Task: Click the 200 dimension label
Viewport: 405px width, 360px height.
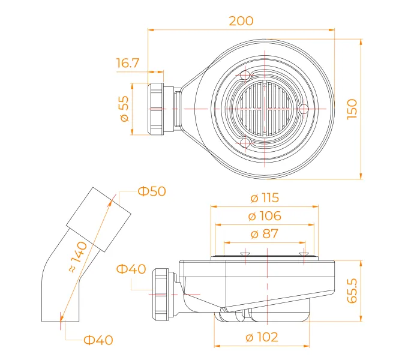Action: (241, 21)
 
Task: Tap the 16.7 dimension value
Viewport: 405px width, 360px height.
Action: (128, 63)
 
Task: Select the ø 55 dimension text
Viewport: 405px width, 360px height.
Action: (124, 109)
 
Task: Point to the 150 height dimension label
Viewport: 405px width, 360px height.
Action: (352, 109)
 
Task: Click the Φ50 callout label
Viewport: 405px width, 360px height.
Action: (152, 191)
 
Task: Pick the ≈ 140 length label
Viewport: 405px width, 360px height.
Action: (78, 257)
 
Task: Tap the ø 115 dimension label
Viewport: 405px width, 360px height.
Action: (265, 198)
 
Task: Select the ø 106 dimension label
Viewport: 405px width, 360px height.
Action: (265, 216)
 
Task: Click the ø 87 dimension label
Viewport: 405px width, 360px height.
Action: (265, 234)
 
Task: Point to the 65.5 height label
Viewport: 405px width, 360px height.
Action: (352, 290)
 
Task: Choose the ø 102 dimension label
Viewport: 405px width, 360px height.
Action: (262, 337)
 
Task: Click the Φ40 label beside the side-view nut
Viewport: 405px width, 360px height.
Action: (131, 269)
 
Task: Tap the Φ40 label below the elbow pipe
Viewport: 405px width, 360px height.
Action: (98, 340)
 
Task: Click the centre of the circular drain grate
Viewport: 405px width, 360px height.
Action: (265, 109)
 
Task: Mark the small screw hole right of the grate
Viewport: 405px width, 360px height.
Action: (304, 109)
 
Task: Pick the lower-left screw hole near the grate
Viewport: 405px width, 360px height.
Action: (245, 142)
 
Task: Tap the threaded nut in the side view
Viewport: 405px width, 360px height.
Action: (160, 295)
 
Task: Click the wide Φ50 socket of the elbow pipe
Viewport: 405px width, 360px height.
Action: (98, 220)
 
